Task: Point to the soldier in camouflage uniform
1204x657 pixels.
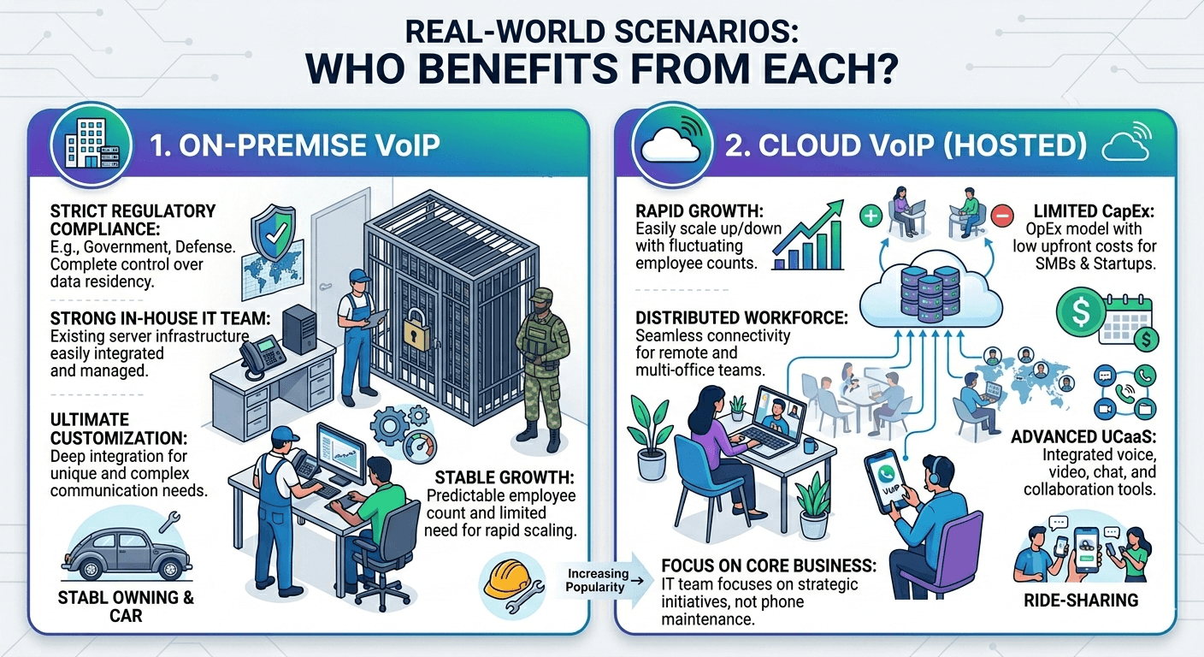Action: (541, 364)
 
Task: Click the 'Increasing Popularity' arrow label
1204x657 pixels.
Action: (597, 581)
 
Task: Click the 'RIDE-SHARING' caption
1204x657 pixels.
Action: (1081, 601)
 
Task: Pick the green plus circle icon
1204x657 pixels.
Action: (869, 216)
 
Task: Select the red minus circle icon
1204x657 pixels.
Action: (1000, 216)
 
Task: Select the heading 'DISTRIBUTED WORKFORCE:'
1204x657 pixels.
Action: (741, 317)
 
